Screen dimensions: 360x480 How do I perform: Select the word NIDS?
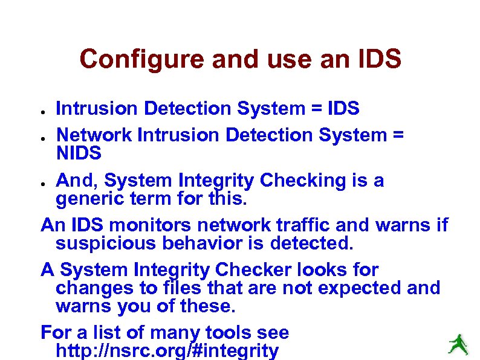click(x=79, y=153)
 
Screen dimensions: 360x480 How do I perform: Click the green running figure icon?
click(x=458, y=344)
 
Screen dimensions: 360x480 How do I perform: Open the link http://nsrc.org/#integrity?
click(x=167, y=351)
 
